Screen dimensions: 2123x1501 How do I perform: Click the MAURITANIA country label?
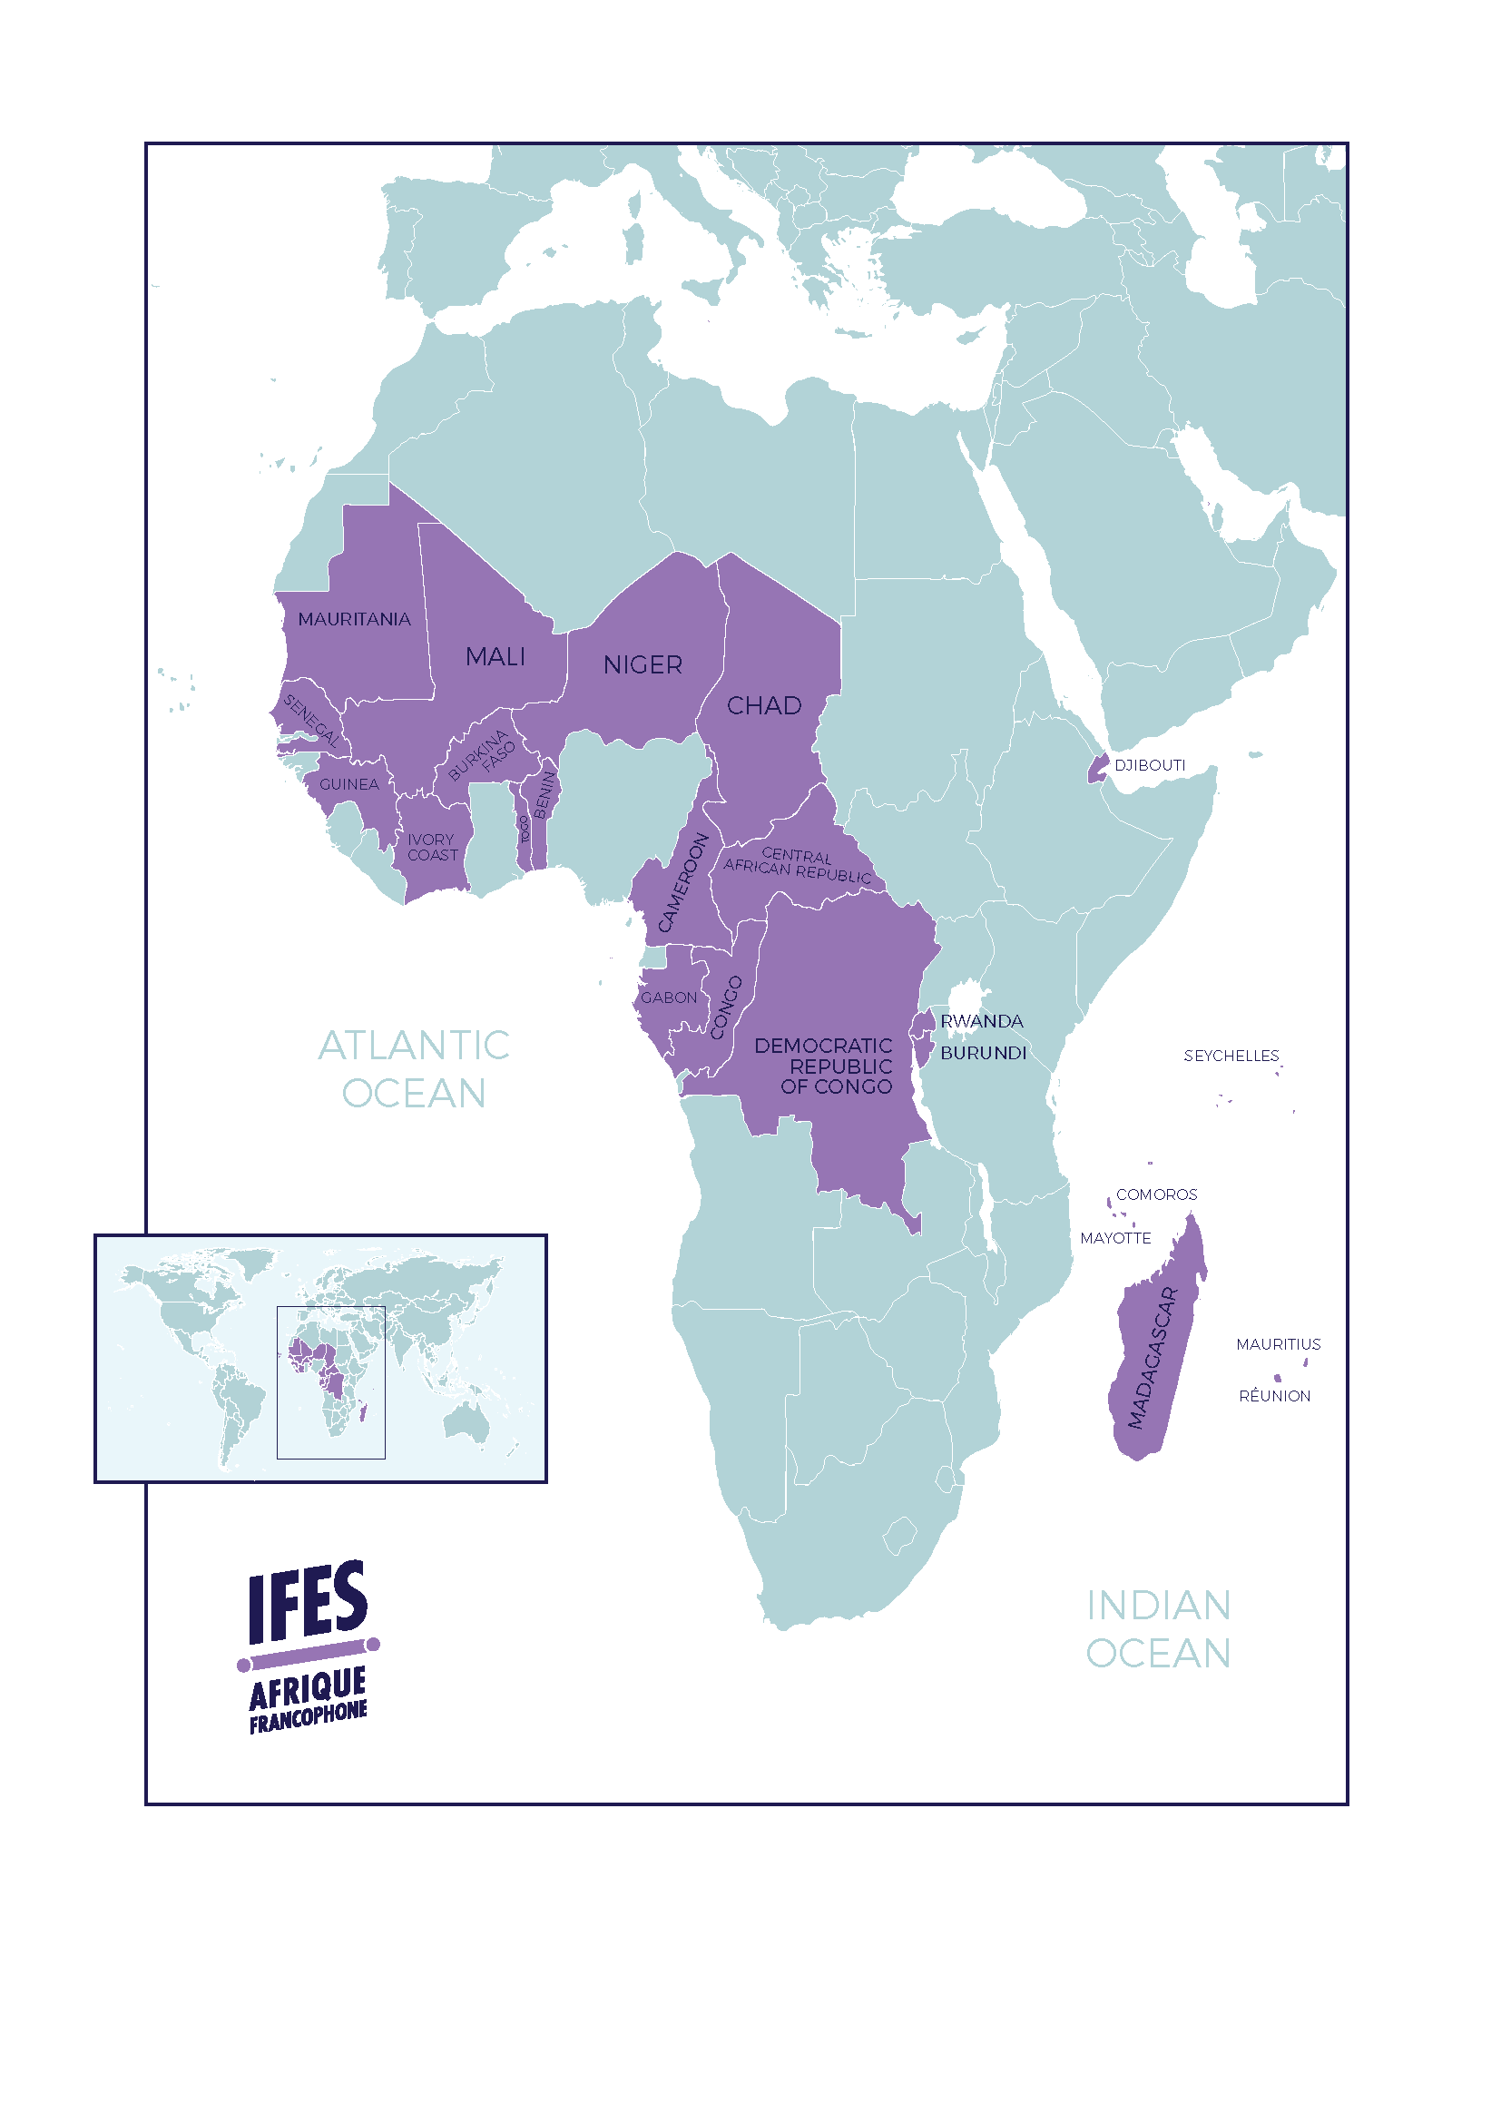click(354, 620)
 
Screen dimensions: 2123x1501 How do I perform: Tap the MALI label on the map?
click(495, 656)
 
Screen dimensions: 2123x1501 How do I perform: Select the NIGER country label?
click(643, 664)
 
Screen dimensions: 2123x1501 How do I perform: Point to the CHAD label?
click(763, 705)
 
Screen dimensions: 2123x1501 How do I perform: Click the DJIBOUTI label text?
click(1149, 764)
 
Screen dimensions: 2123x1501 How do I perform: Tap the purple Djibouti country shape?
click(1098, 769)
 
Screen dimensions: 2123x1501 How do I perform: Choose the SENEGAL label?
click(310, 721)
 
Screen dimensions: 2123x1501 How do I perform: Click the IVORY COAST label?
click(432, 847)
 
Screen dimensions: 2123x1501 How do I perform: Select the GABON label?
click(668, 998)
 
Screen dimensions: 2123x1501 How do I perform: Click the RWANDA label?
click(982, 1021)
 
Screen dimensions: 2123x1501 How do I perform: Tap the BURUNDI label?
click(983, 1053)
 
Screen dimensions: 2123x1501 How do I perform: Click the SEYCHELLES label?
click(1231, 1056)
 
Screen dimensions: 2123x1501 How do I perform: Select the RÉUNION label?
click(1273, 1396)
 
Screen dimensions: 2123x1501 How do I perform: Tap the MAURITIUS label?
click(1278, 1344)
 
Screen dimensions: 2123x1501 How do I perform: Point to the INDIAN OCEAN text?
click(1157, 1630)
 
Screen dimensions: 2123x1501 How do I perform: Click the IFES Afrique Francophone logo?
click(309, 1645)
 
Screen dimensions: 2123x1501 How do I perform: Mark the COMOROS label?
click(1155, 1194)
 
